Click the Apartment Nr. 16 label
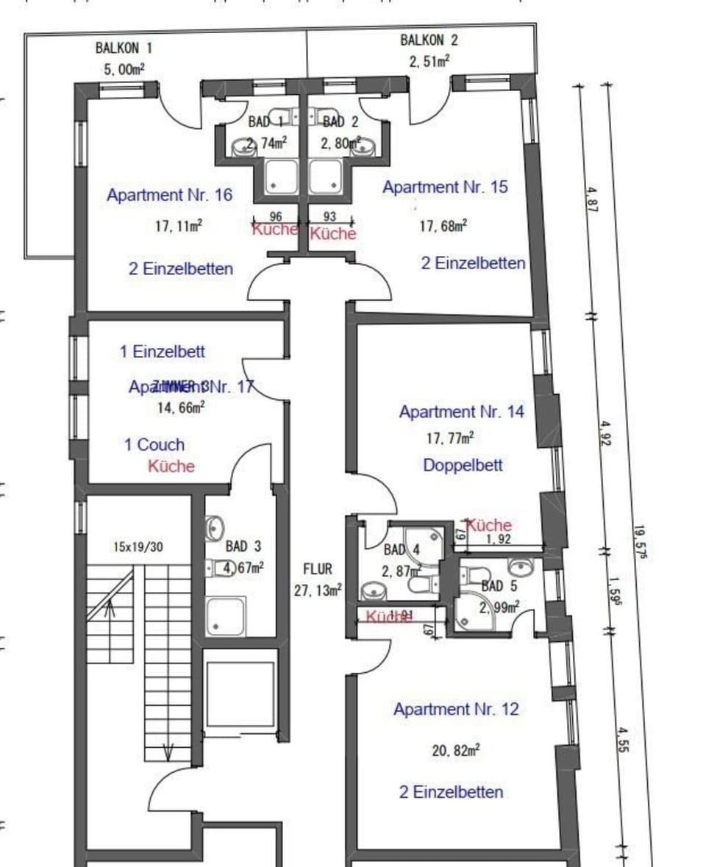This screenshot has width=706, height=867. (x=169, y=196)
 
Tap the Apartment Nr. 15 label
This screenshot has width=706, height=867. (x=444, y=188)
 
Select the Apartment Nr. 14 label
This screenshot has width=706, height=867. (x=461, y=412)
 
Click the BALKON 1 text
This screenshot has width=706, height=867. (x=124, y=49)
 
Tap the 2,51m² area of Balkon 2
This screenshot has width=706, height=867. (x=429, y=61)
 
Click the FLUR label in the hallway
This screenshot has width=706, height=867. (x=318, y=569)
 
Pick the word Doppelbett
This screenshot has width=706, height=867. (x=463, y=465)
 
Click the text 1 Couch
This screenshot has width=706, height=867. (x=154, y=444)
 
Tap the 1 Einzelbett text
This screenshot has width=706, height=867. (x=163, y=352)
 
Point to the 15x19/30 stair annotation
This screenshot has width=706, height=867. (x=138, y=547)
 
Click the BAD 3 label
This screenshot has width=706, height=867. (x=243, y=547)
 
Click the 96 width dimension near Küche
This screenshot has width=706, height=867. (x=277, y=217)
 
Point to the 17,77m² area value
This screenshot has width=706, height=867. (x=449, y=438)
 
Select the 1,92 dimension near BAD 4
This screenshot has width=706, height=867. (x=499, y=539)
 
